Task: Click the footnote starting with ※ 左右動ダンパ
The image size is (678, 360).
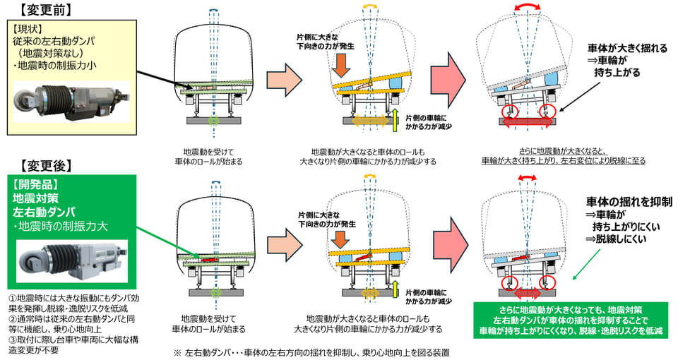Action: click(311, 352)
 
